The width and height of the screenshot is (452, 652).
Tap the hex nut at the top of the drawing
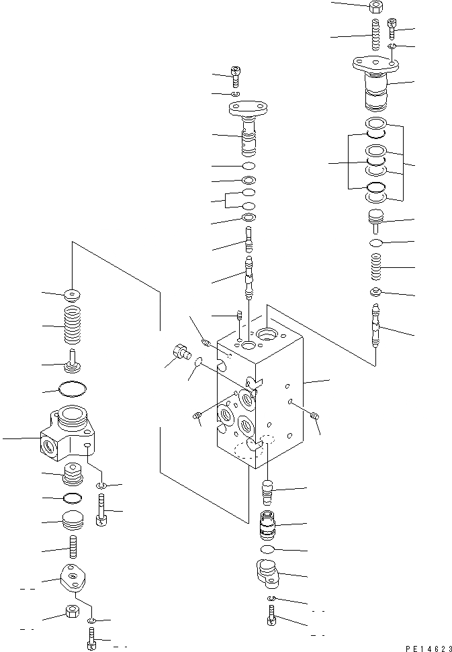[376, 8]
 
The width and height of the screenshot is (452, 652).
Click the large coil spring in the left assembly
[71, 326]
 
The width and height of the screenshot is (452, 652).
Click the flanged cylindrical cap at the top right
[377, 81]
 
